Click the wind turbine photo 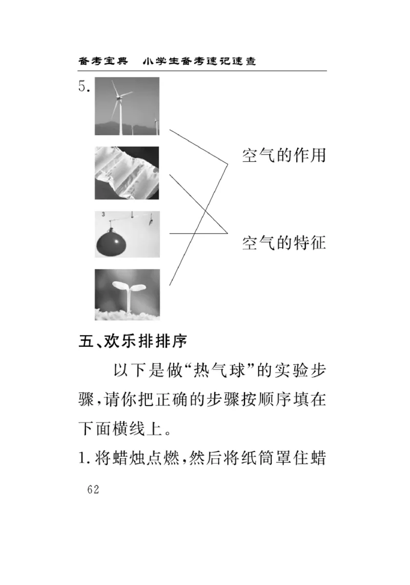pos(127,106)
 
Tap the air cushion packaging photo pos(127,173)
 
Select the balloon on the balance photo pos(127,234)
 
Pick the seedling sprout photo pos(127,295)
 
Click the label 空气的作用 pos(284,155)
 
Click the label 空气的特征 pos(284,242)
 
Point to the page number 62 pos(93,489)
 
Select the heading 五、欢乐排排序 pos(133,341)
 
